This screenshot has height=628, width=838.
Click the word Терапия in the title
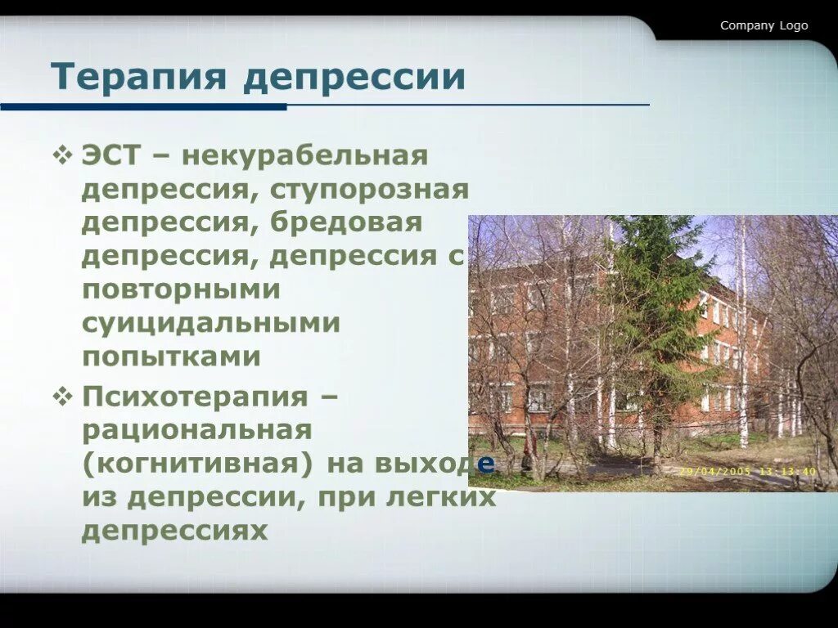(x=139, y=78)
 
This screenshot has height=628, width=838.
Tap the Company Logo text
(x=764, y=25)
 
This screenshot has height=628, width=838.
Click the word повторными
(x=181, y=289)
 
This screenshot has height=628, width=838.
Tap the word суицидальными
(x=210, y=323)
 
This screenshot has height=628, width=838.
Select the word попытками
(x=171, y=357)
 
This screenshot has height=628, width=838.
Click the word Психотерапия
(x=193, y=397)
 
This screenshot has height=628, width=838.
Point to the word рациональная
(x=196, y=430)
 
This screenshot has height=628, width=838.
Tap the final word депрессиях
(x=174, y=532)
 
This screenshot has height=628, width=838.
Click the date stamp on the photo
(x=747, y=471)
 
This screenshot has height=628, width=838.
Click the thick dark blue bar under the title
(x=143, y=107)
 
